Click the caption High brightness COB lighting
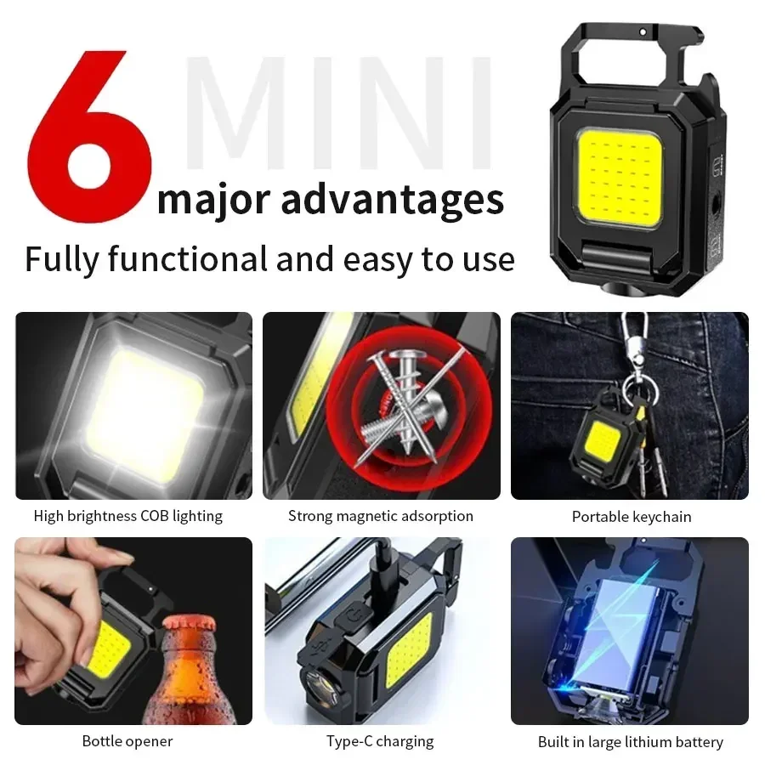point(128,516)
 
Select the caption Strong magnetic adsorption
point(381,516)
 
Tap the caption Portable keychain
point(632,517)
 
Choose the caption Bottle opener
point(127,741)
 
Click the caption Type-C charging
point(380,741)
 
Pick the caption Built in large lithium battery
point(631,742)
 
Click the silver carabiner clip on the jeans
point(632,340)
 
